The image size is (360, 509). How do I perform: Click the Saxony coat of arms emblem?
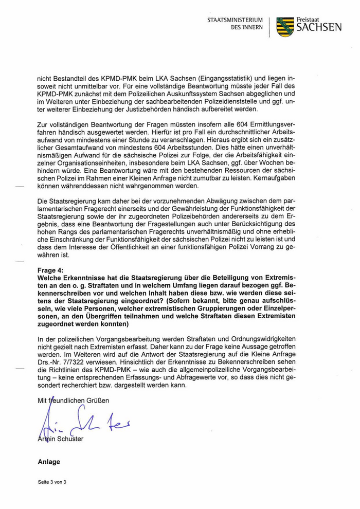tap(285, 26)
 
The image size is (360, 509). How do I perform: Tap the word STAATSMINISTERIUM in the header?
tap(235, 20)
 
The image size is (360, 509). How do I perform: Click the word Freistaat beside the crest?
tap(308, 20)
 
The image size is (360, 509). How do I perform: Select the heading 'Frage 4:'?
tap(51, 270)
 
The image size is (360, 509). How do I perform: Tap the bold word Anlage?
tap(49, 462)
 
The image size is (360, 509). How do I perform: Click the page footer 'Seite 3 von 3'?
tap(52, 482)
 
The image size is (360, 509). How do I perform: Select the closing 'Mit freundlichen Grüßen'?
tap(74, 400)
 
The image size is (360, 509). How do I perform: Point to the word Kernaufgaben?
tap(297, 177)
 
